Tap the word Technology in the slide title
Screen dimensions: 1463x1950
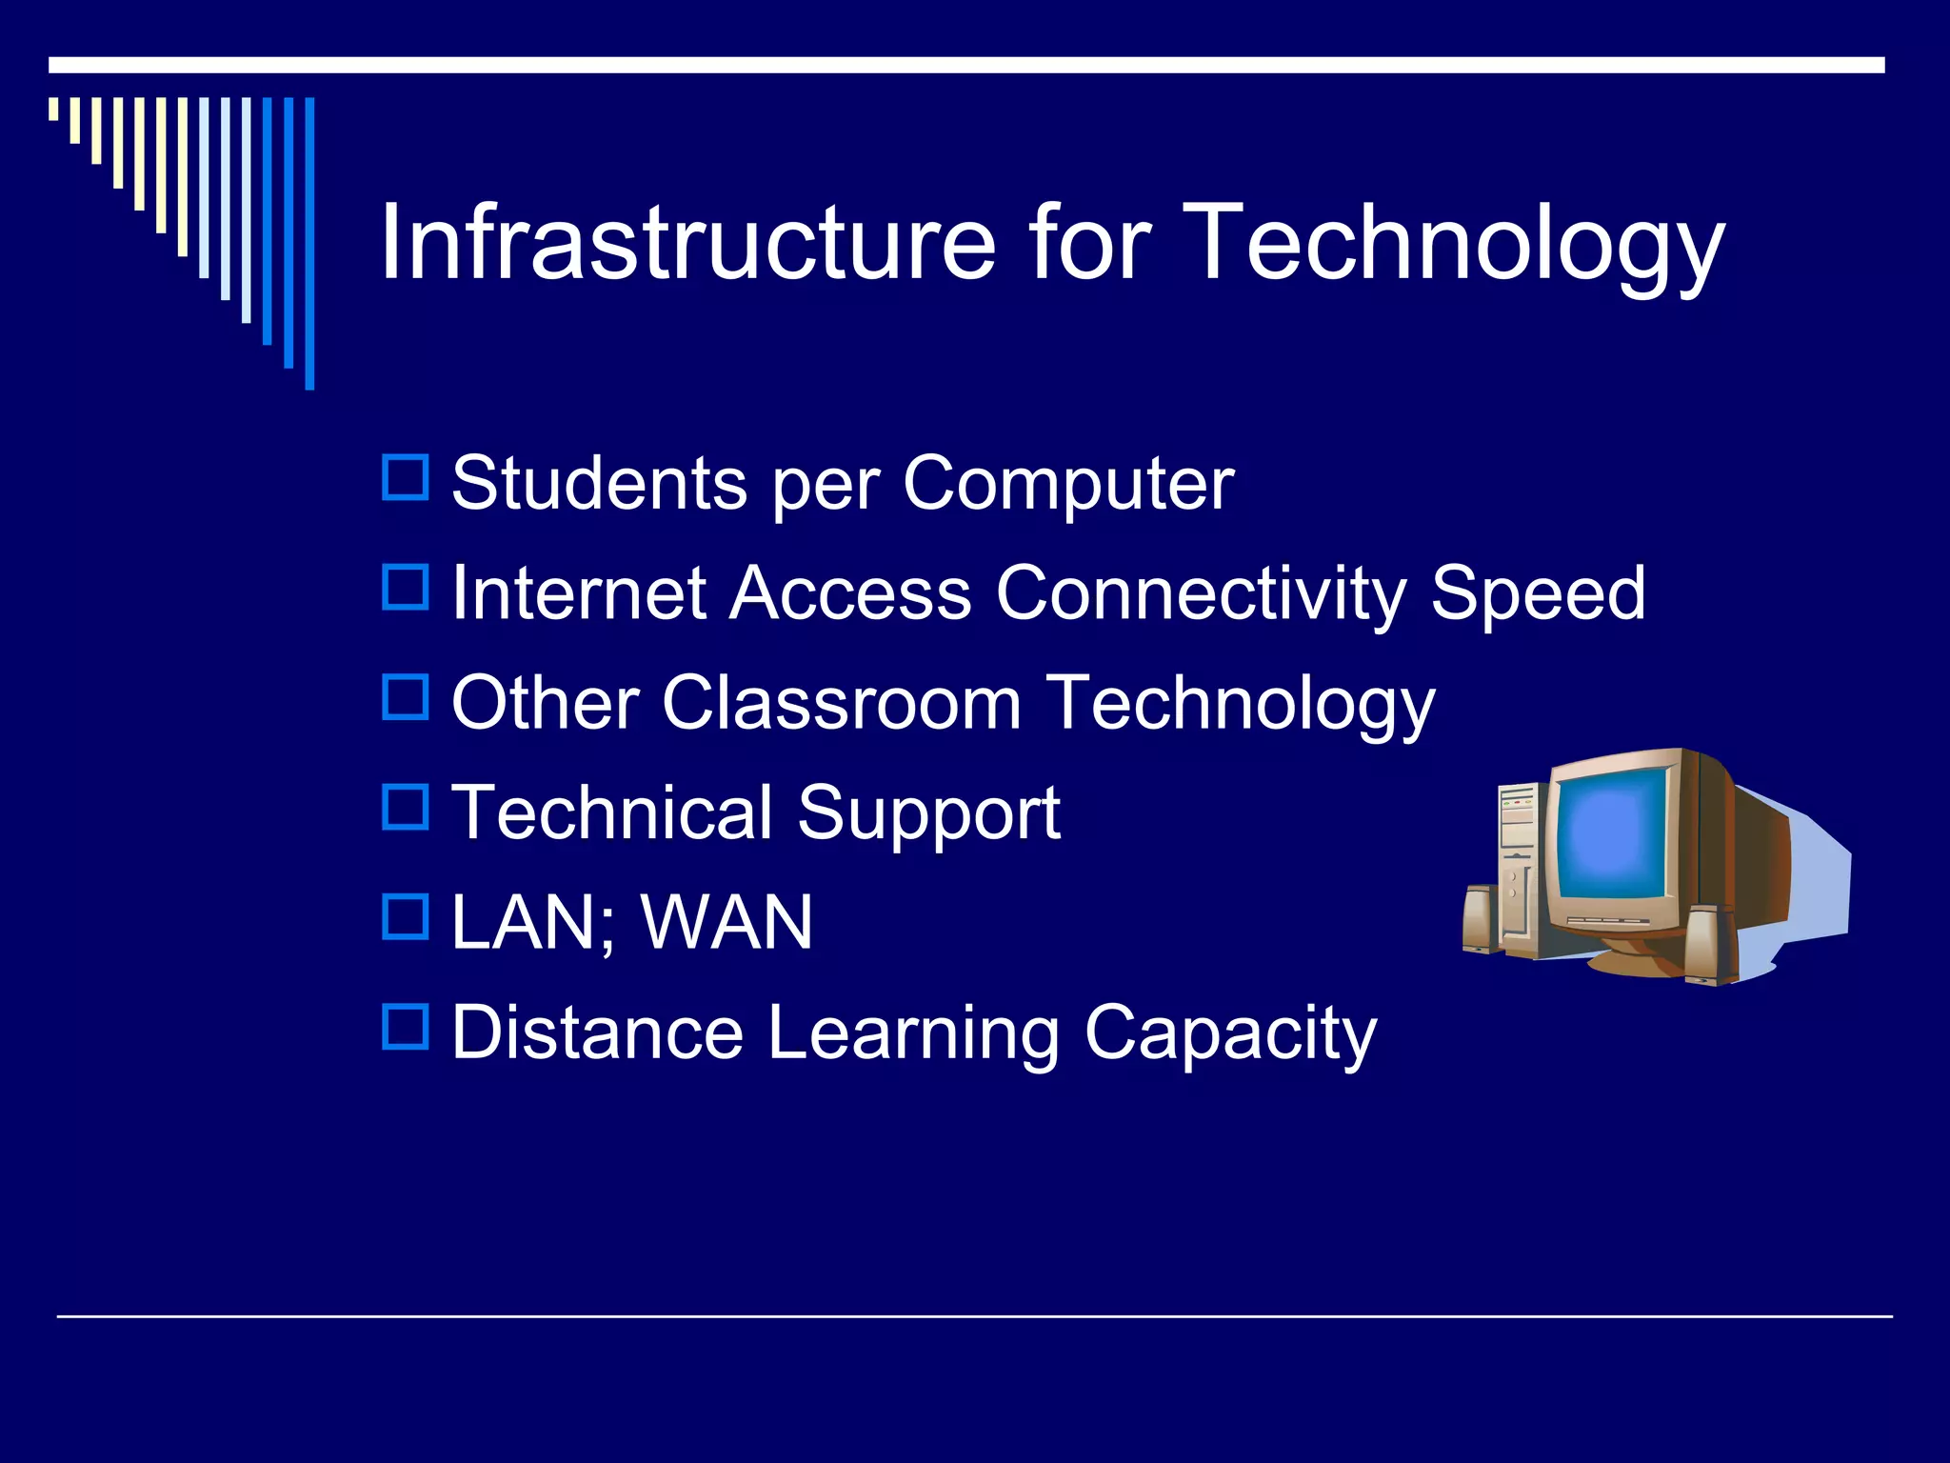click(1456, 244)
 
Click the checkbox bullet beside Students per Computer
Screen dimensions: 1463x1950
click(406, 477)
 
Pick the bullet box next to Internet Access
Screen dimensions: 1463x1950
click(406, 587)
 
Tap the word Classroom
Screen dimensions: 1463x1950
click(841, 704)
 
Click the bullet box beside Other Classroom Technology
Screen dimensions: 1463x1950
click(406, 696)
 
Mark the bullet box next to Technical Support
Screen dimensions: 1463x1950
click(406, 806)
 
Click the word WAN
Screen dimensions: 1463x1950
click(726, 923)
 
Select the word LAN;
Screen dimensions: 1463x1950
click(533, 923)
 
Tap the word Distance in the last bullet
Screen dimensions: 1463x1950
click(597, 1032)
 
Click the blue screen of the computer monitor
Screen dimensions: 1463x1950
click(1612, 832)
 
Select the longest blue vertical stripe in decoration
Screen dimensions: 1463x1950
click(309, 243)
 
